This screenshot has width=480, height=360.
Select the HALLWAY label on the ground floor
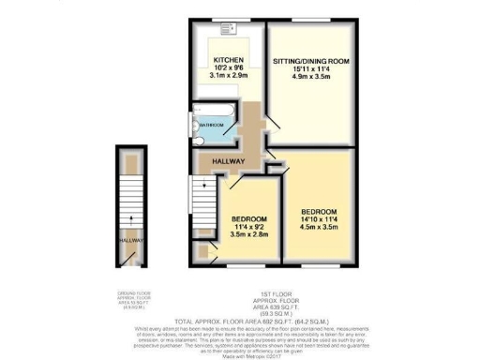coord(130,240)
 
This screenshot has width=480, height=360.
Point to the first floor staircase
coord(203,198)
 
